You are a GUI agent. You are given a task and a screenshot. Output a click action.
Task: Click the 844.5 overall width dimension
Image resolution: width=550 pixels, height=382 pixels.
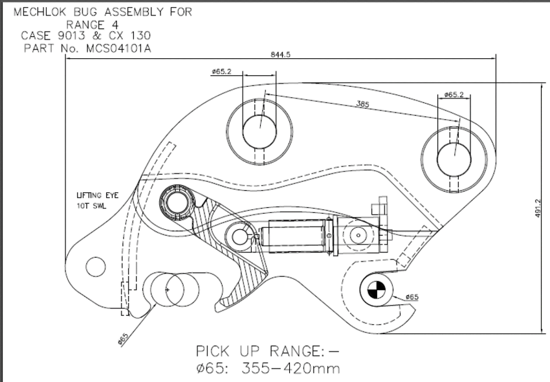point(280,54)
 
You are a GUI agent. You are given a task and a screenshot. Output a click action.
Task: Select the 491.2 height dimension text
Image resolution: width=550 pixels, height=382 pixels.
point(538,208)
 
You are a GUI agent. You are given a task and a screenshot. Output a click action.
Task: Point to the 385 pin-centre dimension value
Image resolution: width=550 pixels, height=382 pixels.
point(363,104)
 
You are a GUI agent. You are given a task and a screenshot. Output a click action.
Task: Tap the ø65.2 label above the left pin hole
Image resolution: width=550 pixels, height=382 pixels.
point(221,72)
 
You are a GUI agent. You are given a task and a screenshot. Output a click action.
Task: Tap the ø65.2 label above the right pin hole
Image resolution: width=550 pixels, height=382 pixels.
point(454,95)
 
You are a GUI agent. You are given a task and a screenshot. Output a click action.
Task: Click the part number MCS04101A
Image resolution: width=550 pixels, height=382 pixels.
point(118,49)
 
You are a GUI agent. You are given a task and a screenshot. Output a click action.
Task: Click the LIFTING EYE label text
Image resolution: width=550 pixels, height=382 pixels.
point(98,196)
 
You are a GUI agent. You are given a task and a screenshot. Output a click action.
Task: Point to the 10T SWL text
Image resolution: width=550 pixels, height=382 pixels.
point(91,206)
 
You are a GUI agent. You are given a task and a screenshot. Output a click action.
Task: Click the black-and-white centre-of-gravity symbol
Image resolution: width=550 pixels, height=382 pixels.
point(377,290)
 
